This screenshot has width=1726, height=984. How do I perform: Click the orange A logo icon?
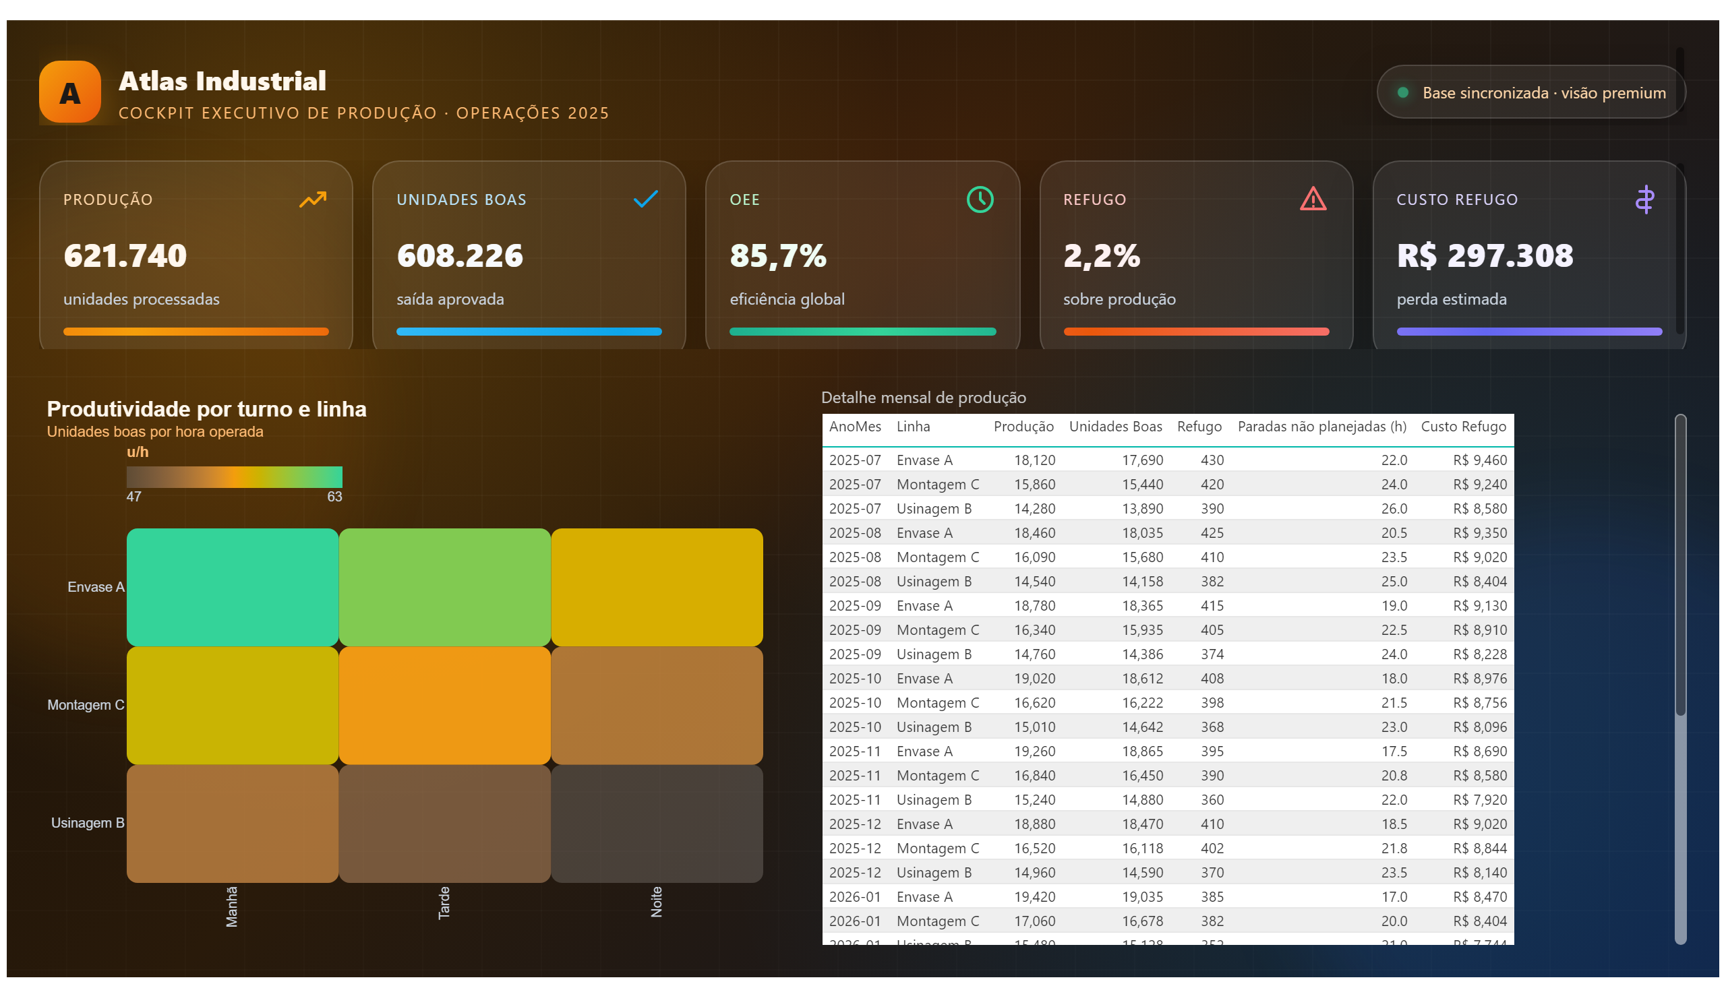pos(69,92)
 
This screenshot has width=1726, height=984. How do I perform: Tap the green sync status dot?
pos(1402,92)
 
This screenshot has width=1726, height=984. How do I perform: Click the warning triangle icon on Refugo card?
pos(1312,199)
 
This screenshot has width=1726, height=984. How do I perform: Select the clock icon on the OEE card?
pos(979,199)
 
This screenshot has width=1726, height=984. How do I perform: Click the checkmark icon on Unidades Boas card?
pos(645,199)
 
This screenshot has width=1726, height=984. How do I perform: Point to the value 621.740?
pos(125,255)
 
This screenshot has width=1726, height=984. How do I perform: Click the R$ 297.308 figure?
pos(1485,255)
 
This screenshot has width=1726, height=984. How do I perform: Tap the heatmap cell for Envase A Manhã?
pos(232,586)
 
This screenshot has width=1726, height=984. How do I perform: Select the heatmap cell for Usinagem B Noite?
pos(657,823)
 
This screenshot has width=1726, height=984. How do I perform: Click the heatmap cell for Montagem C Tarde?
pos(444,705)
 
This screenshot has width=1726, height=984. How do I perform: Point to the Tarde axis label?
pos(444,902)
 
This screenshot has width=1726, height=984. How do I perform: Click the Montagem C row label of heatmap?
pos(86,705)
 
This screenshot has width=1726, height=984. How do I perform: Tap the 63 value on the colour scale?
pos(334,496)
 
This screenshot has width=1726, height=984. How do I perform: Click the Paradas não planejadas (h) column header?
pos(1321,427)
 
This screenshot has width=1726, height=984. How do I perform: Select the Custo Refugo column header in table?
pos(1463,427)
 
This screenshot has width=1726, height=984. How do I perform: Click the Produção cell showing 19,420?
pos(1034,897)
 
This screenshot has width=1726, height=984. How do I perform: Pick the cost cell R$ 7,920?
pos(1479,799)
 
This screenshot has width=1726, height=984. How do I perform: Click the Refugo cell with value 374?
pos(1212,654)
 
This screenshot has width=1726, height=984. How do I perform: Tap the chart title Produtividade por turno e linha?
pos(206,409)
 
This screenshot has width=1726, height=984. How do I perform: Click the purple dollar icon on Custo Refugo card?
pos(1644,199)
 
